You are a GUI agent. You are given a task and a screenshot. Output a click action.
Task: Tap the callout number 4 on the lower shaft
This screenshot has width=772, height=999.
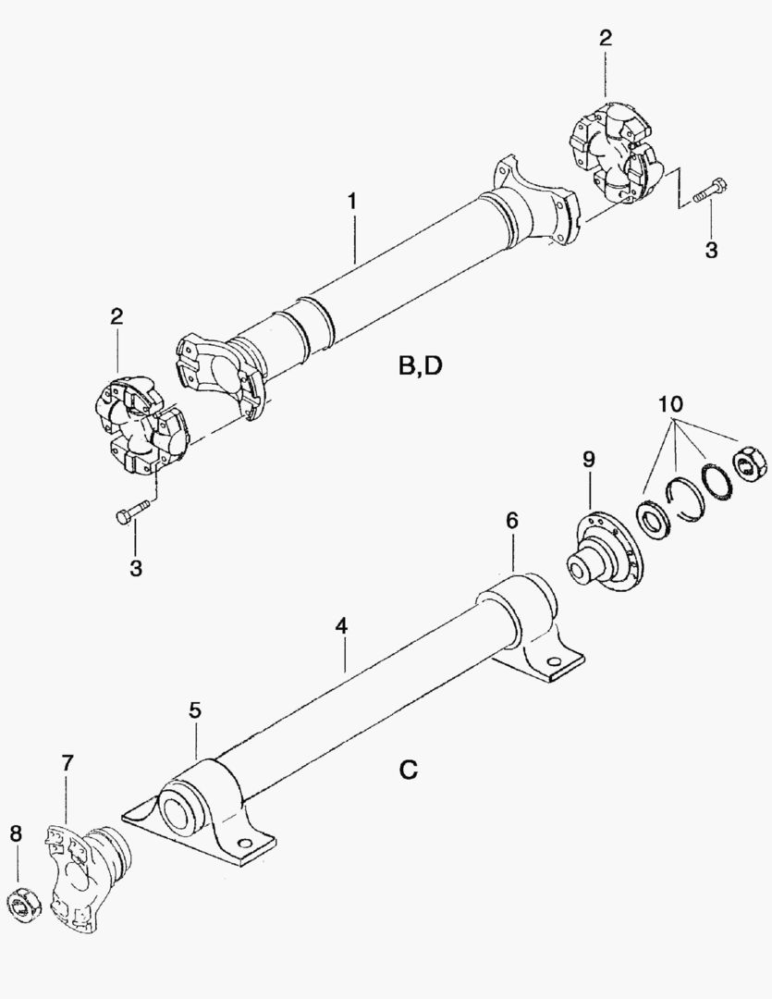tap(341, 626)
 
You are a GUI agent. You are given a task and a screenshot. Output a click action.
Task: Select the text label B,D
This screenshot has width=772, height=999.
tap(420, 366)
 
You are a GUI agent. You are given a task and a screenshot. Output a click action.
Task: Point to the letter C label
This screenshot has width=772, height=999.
tap(409, 769)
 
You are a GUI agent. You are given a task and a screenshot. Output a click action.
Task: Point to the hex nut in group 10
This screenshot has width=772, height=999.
tap(748, 462)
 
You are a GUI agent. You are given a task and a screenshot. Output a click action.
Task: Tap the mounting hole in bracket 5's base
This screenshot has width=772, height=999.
tap(244, 843)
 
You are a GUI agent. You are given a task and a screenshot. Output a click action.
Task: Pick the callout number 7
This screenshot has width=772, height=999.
tap(67, 763)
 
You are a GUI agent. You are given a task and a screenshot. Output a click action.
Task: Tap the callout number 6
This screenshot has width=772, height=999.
tap(511, 522)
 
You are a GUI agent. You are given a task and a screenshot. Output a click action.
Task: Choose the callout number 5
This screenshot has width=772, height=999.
tap(195, 710)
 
